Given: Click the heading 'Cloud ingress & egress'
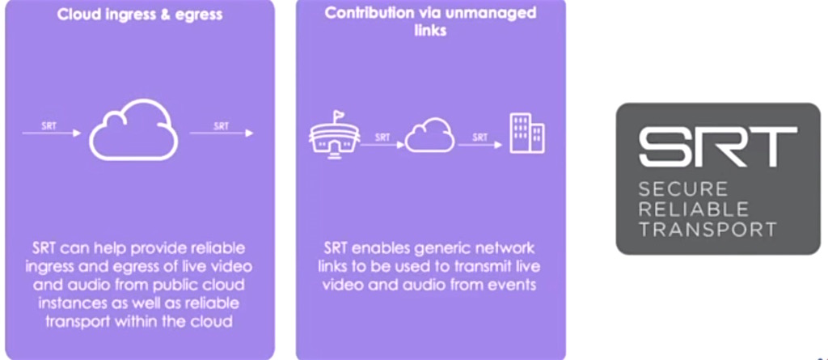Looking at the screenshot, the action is click(139, 15).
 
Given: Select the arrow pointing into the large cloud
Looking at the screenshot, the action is click(52, 133).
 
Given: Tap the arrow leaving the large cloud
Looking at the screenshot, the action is click(222, 133).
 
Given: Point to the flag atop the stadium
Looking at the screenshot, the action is click(337, 116).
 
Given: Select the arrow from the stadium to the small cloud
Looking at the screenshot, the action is click(382, 144).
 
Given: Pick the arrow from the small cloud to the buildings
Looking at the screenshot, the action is click(480, 144).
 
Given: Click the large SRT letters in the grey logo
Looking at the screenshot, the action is click(718, 146).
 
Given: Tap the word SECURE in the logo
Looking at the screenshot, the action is click(683, 188).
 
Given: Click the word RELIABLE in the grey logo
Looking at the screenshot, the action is click(693, 210).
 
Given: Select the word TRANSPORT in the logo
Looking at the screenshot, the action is click(708, 230).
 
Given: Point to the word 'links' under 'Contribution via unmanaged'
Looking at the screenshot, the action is click(430, 31).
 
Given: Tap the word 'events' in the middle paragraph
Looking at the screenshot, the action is click(510, 285).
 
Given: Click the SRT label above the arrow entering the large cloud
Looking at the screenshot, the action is click(49, 126).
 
